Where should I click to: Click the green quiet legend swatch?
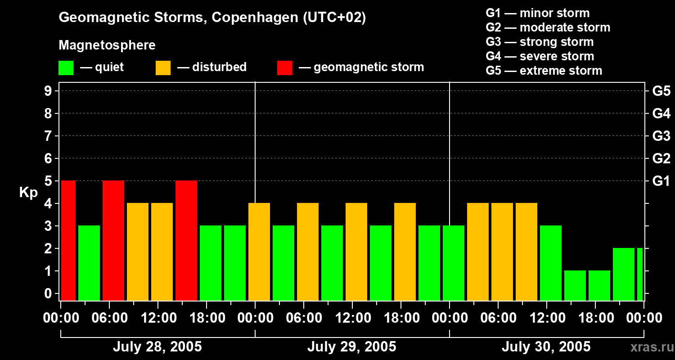pyautogui.click(x=66, y=68)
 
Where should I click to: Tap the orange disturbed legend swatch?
pyautogui.click(x=163, y=68)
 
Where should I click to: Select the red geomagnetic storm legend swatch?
pyautogui.click(x=284, y=68)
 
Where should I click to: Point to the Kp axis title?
pyautogui.click(x=28, y=193)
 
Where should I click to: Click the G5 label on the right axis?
pyautogui.click(x=661, y=91)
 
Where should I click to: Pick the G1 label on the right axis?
pyautogui.click(x=661, y=181)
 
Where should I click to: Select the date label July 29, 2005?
pyautogui.click(x=351, y=347)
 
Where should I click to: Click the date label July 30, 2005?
pyautogui.click(x=546, y=347)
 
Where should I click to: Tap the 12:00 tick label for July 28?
pyautogui.click(x=158, y=318)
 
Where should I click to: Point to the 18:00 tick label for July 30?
pyautogui.click(x=595, y=318)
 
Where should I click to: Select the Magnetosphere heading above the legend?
pyautogui.click(x=107, y=45)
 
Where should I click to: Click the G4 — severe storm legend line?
pyautogui.click(x=540, y=56)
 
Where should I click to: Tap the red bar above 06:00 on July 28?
pyautogui.click(x=113, y=241)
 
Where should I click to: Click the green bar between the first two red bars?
pyautogui.click(x=89, y=263)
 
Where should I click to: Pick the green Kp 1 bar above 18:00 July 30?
pyautogui.click(x=599, y=285)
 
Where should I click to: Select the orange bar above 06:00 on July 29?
pyautogui.click(x=308, y=252)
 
